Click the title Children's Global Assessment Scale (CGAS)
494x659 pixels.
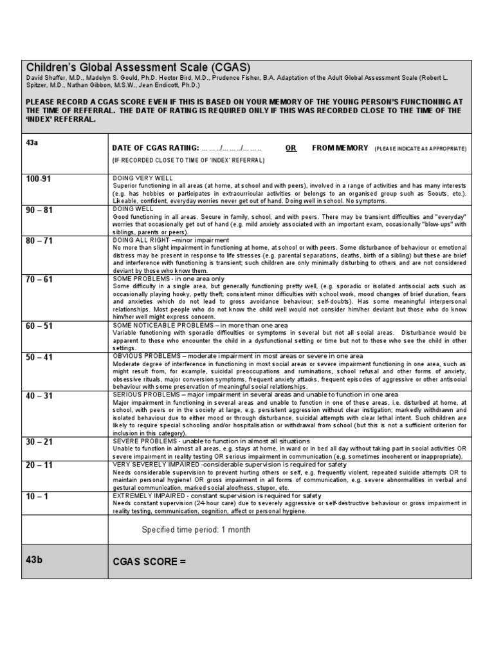138,68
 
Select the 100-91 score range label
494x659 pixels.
37,179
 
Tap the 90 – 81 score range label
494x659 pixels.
39,210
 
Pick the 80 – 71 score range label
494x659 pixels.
39,241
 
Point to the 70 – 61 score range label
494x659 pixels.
39,279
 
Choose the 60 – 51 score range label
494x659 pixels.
39,326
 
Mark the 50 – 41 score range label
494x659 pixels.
39,357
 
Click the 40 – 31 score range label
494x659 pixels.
39,396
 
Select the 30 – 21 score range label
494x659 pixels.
39,442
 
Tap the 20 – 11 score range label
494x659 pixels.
39,465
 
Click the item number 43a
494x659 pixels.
32,142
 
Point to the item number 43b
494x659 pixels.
34,559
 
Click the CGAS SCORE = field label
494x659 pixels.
149,562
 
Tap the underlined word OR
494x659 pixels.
291,148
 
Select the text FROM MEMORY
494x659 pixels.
340,148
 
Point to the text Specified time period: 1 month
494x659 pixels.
196,530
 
